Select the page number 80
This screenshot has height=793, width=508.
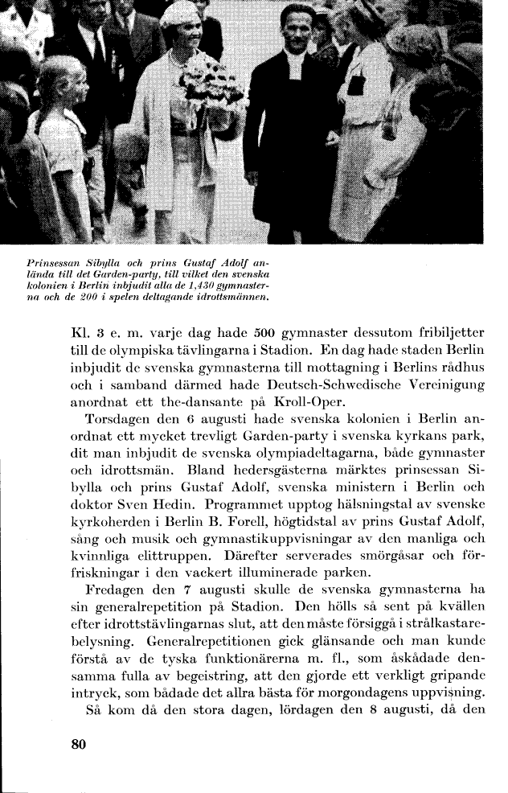78,745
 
